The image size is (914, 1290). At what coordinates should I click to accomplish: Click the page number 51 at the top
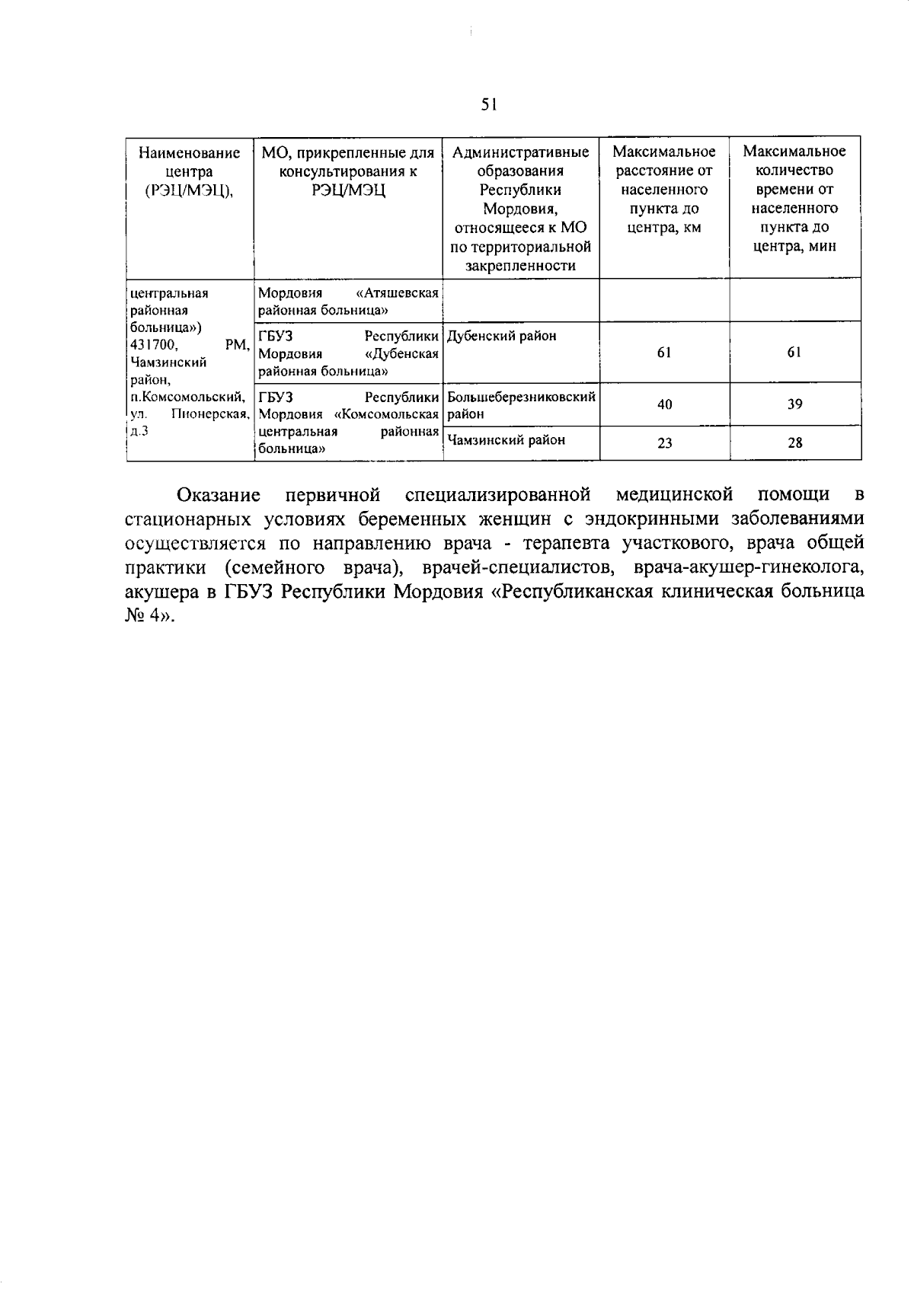tap(489, 105)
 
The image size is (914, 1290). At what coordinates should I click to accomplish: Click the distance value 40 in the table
tap(664, 404)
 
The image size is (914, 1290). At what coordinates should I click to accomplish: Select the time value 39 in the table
tap(794, 404)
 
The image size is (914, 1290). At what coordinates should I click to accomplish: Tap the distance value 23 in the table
tap(664, 442)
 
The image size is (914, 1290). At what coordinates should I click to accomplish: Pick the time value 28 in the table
tap(794, 442)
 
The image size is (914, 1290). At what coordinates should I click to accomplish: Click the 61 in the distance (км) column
tap(664, 353)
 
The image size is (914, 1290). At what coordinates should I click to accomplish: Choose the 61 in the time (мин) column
tap(794, 353)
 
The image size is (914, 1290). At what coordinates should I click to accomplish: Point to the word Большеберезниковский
tap(521, 397)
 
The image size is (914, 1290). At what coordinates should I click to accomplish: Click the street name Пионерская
tap(210, 414)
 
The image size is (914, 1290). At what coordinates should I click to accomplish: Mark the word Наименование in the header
tap(189, 152)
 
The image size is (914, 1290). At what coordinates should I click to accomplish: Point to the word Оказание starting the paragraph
tap(219, 495)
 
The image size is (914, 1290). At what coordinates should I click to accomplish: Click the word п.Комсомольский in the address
tap(187, 397)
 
